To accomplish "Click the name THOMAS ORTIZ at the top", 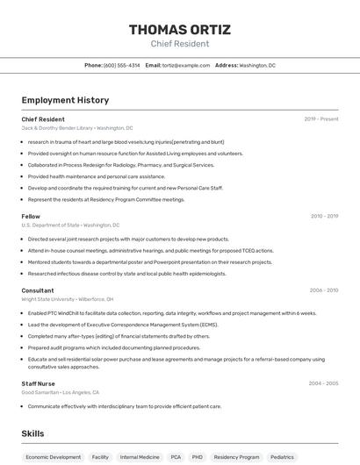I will pos(180,30).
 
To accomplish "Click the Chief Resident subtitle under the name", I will pos(180,44).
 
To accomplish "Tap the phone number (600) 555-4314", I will pos(121,65).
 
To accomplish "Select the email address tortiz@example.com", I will pos(184,65).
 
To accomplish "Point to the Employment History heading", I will pos(65,100).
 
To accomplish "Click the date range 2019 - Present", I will pos(321,119).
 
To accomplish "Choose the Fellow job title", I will pos(31,216).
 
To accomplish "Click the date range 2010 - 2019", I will pos(324,216).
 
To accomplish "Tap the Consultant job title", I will pos(38,290).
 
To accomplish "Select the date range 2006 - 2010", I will pos(324,290).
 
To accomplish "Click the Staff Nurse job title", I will pos(39,383).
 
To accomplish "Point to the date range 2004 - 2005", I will pos(324,383).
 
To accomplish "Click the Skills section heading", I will pos(32,433).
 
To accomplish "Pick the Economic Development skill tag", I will pos(53,457).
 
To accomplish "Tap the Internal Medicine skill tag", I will pos(140,457).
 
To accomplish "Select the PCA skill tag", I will pos(176,457).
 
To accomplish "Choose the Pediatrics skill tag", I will pos(282,457).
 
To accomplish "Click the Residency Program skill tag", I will pos(237,457).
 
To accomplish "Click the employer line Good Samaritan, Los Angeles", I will pos(61,393).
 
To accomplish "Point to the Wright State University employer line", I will pos(68,299).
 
